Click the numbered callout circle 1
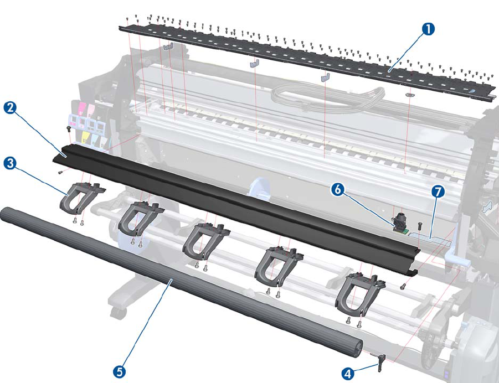coord(428,29)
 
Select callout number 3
coord(9,163)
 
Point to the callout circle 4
coord(347,374)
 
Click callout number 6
coord(339,189)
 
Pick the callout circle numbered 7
coord(438,192)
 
